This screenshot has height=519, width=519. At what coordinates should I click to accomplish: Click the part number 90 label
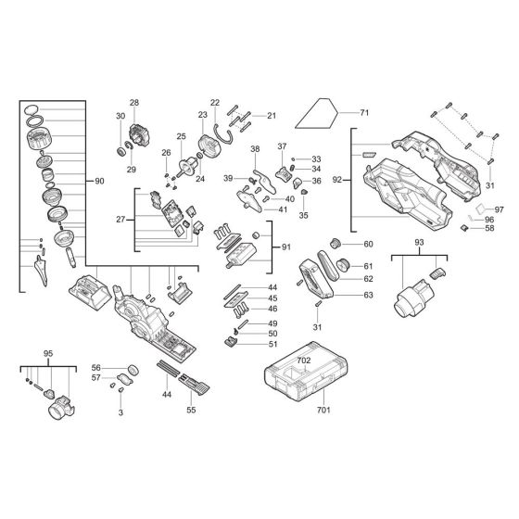coord(100,180)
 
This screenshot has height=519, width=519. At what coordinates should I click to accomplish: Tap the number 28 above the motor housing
coord(133,102)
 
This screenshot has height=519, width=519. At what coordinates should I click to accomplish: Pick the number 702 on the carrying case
coord(304,357)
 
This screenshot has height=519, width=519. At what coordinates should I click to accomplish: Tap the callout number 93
coord(418,242)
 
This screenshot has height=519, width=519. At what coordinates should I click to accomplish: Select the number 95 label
coord(48,354)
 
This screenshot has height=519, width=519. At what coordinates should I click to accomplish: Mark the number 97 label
coord(498,209)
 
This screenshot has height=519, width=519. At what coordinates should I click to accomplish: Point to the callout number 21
coord(272,116)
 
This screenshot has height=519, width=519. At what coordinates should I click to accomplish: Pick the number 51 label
coord(272,345)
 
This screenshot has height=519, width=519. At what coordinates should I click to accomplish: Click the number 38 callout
coord(255,149)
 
